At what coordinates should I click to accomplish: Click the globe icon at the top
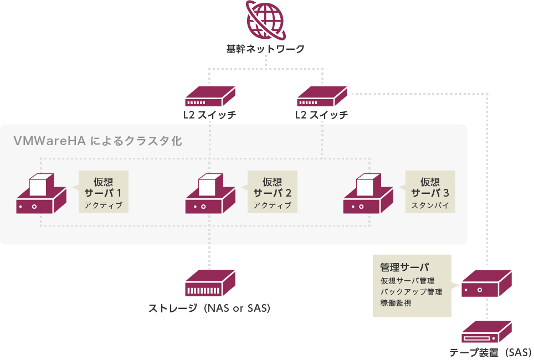[266, 19]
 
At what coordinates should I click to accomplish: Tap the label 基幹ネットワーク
[266, 49]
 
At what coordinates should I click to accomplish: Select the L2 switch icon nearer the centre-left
[210, 96]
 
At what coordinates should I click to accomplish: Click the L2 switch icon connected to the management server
[322, 96]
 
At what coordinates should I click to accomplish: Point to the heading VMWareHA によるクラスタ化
[97, 141]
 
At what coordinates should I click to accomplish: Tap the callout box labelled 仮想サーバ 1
[103, 192]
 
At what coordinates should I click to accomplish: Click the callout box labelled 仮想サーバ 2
[272, 192]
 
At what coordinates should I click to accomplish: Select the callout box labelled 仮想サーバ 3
[430, 192]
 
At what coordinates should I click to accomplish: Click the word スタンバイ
[430, 206]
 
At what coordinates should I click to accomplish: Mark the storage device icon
[210, 284]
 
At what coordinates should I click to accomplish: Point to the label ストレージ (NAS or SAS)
[209, 308]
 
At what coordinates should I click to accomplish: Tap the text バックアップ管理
[412, 292]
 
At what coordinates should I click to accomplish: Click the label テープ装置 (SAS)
[490, 352]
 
